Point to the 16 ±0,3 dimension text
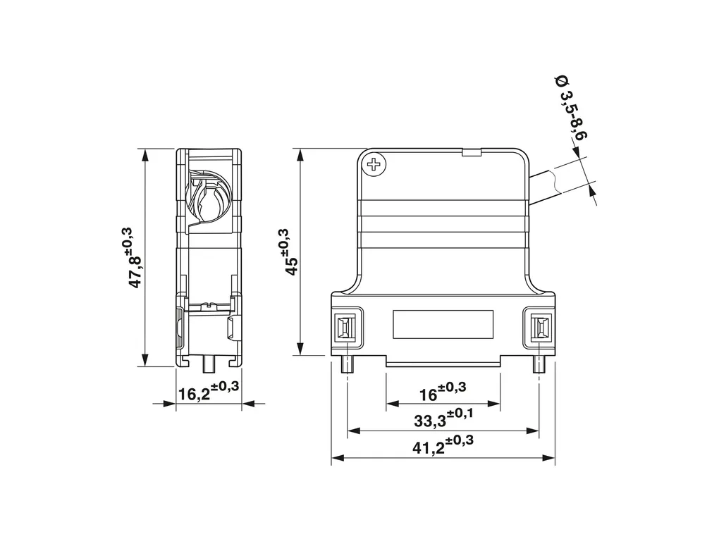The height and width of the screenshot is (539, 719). point(443,391)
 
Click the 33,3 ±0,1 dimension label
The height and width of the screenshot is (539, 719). point(443,417)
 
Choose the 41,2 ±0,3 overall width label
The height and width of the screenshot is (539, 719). point(443,444)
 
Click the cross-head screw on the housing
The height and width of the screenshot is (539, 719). point(374,163)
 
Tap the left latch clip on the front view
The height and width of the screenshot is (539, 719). point(347,328)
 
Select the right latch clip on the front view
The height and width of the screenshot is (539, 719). point(539,328)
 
